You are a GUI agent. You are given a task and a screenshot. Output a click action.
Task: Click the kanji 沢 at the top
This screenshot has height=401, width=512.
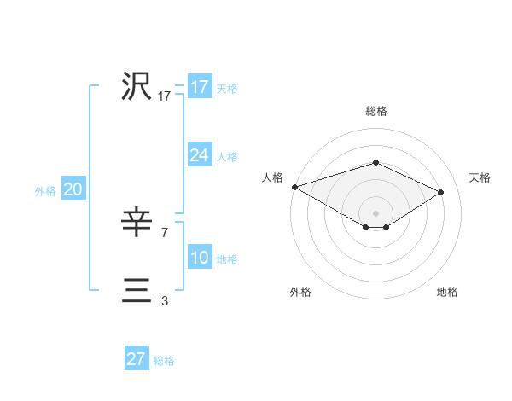[x=137, y=87]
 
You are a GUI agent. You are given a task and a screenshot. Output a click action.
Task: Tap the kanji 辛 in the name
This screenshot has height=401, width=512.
[x=137, y=224]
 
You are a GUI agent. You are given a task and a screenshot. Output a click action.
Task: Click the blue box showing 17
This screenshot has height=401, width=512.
[x=200, y=87]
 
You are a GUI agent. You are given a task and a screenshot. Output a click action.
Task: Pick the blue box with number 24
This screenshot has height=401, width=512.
[x=200, y=155]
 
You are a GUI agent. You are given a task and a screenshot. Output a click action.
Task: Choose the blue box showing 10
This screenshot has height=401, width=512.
[x=200, y=258]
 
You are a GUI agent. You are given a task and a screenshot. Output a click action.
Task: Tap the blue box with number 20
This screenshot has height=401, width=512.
[x=73, y=190]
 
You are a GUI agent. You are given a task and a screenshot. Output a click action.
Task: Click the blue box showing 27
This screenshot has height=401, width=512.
[x=137, y=359]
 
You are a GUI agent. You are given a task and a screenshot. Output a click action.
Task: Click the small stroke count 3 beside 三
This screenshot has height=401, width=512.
[x=164, y=300]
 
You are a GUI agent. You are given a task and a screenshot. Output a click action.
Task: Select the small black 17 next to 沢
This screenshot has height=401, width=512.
[x=165, y=96]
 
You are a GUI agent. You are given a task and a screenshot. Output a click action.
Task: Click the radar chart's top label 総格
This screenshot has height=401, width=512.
[x=375, y=111]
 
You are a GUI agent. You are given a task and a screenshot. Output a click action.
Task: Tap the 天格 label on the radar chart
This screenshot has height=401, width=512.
[x=480, y=177]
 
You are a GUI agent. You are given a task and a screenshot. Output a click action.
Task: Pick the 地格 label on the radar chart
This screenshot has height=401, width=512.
[x=447, y=293]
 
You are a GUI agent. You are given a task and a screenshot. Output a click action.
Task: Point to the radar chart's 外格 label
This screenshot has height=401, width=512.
[x=300, y=293]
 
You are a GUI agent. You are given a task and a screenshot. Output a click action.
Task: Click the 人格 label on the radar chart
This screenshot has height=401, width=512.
[x=272, y=177]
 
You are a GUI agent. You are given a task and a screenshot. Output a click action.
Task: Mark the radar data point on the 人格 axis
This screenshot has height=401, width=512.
[x=294, y=186]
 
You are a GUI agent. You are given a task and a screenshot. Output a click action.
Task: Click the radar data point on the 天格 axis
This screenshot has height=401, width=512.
[x=441, y=191]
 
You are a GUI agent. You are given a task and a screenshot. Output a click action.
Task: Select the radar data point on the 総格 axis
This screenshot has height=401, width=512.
[x=375, y=162]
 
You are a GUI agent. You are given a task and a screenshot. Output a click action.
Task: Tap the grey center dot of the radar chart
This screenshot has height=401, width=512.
[x=375, y=212]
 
